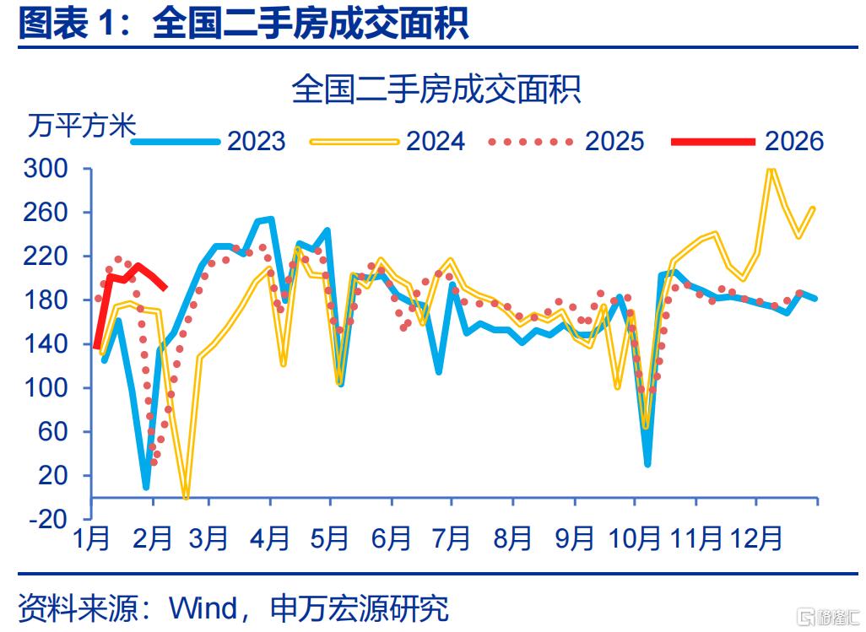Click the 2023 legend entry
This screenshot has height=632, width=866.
click(208, 142)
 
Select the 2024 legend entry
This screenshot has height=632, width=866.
click(387, 142)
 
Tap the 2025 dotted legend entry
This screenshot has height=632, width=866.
click(566, 142)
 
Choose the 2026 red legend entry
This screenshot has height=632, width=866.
click(747, 142)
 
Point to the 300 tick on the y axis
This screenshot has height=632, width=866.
click(46, 169)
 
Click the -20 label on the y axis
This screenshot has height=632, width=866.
click(49, 519)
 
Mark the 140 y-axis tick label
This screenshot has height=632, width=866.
click(46, 344)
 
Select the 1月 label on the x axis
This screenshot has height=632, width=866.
click(91, 538)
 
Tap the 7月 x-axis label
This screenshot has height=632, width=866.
click(452, 538)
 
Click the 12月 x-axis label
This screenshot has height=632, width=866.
click(755, 538)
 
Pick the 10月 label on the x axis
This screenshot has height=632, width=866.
click(635, 538)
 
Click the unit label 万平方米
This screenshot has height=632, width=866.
click(82, 126)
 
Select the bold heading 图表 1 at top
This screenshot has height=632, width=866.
click(74, 23)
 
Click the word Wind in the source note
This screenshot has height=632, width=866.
click(203, 608)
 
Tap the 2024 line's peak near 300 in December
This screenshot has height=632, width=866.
click(771, 169)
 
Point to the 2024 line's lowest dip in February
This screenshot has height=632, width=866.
click(186, 497)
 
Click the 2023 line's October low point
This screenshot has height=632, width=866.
click(647, 463)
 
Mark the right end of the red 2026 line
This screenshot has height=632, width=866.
click(165, 288)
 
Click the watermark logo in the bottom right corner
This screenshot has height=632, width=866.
click(831, 616)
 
